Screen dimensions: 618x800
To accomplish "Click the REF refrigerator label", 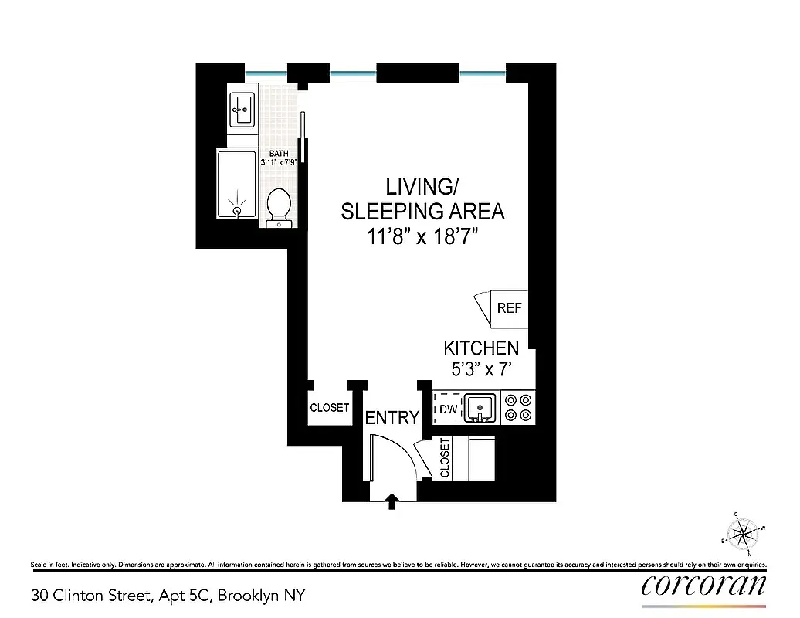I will pos(509,308).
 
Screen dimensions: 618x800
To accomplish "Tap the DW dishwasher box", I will pos(448,409).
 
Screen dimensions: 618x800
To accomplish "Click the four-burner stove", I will pos(517,408).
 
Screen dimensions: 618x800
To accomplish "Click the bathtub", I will pos(237,185).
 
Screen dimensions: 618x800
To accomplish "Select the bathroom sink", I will pos(242,109).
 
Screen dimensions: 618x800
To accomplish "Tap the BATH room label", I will pos(278,154).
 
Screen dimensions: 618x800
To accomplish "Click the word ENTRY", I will pos(392,418).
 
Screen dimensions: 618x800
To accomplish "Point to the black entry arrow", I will pos(392,501).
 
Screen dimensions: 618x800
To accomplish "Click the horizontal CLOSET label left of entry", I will pos(329,408).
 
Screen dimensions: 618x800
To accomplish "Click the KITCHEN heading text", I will pos(480,348).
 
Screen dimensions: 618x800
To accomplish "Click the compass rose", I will pos(744,532).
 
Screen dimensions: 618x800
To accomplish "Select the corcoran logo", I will pos(703,585).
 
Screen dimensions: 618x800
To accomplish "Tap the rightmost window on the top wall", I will pos(482,73).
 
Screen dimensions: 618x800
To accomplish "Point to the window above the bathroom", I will pos(266,73).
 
